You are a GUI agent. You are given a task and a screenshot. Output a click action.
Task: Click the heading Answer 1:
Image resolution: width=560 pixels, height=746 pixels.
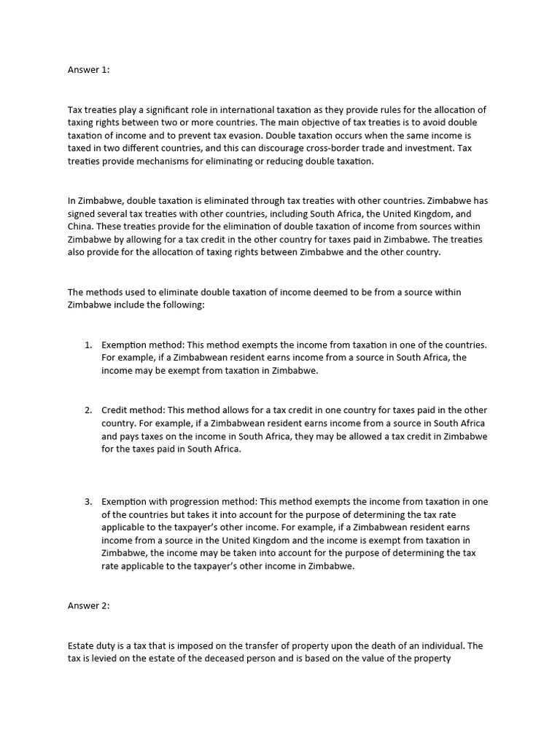click(87, 71)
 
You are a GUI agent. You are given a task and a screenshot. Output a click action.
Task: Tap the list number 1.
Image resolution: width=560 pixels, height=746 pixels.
click(88, 344)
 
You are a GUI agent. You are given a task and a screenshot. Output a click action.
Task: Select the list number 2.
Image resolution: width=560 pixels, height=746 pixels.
click(88, 409)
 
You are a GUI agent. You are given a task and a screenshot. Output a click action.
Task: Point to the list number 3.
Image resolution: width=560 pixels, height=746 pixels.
click(88, 501)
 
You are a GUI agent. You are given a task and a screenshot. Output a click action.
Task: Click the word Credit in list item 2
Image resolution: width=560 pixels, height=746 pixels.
click(115, 409)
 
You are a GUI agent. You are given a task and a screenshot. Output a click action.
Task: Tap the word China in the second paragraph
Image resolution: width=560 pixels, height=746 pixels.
click(82, 226)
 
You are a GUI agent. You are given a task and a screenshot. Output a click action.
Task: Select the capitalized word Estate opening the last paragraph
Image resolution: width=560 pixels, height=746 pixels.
click(81, 645)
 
